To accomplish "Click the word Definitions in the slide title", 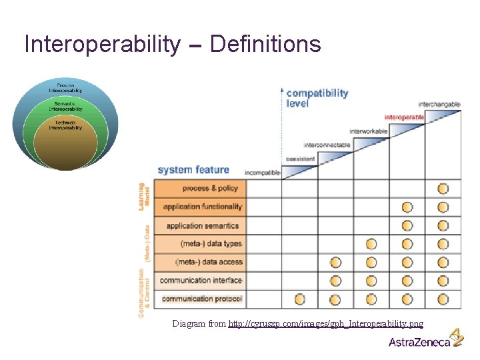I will coord(265,45).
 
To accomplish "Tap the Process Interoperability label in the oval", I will coord(65,88).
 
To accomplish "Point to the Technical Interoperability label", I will coord(65,125).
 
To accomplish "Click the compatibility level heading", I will coord(317,98).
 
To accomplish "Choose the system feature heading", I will coord(193,170).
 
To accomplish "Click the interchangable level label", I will coord(439,105).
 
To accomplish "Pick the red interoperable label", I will coord(404,117).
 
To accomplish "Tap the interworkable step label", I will coord(368,131).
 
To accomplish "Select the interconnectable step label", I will coord(327,145).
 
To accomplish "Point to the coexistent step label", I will coord(300,159).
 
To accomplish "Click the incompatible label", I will coord(262,173).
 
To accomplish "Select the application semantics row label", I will coord(203,226).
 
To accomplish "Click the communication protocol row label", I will coord(202,299).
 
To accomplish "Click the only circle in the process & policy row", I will coord(443,189).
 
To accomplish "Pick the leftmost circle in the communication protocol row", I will coord(300,299).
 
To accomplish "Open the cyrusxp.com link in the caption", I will coord(325,324).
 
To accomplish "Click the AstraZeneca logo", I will coord(426,341).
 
